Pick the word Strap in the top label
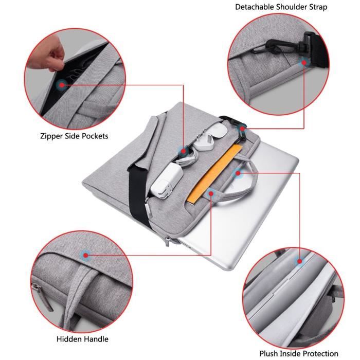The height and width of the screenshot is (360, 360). [x=317, y=7]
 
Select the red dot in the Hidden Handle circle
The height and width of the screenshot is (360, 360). [x=85, y=254]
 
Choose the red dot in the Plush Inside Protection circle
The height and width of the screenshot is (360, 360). [x=299, y=262]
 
